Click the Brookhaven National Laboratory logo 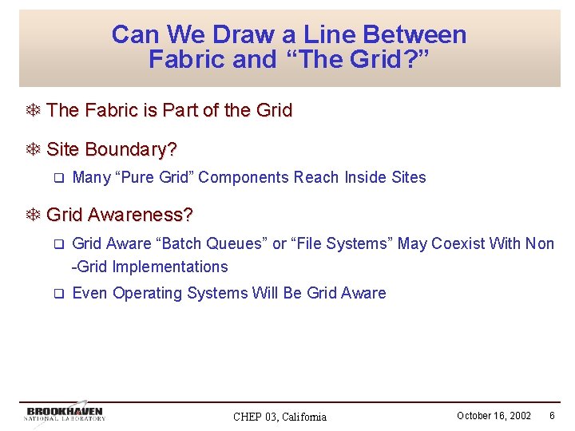click(x=65, y=413)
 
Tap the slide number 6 click(x=552, y=416)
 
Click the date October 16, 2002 click(x=494, y=416)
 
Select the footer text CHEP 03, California click(x=280, y=417)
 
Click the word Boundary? click(x=132, y=149)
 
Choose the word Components click(x=244, y=177)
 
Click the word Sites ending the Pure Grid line click(x=408, y=177)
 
